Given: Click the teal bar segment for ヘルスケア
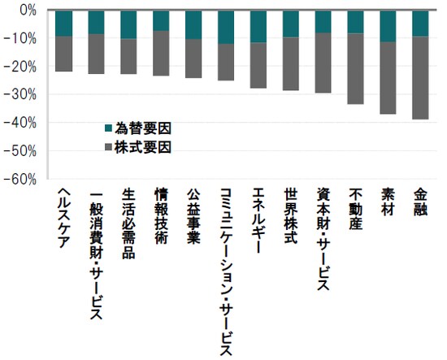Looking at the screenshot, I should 63,24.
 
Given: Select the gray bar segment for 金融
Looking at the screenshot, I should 420,77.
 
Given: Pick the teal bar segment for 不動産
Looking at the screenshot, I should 355,22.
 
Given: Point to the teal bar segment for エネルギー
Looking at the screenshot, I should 258,26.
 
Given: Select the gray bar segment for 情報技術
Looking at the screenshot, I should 161,53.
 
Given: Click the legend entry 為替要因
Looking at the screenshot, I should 139,128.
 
